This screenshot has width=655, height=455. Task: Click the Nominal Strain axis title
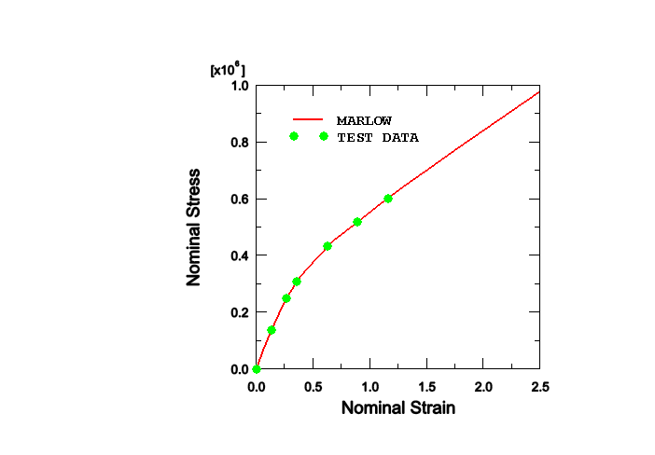397,408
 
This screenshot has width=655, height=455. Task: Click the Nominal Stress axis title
195,227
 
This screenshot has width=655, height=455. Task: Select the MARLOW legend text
364,120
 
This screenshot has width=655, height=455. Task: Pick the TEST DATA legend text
377,137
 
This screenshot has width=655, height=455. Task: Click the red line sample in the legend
307,120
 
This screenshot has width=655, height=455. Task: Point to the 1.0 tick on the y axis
240,86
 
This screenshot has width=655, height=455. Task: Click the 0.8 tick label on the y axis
240,143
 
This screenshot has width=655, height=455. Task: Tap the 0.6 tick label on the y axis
240,199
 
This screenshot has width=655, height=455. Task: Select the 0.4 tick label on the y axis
240,255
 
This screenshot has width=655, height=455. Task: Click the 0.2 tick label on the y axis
240,312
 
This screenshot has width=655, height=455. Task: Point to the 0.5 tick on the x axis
314,386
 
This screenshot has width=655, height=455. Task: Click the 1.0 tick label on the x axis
370,386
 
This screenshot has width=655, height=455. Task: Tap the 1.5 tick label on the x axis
427,386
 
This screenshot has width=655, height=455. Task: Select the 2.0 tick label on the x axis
484,386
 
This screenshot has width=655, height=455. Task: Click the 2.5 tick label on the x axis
539,386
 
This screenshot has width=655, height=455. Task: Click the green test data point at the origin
257,369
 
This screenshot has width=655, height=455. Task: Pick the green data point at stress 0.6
388,199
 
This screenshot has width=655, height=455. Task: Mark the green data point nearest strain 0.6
327,246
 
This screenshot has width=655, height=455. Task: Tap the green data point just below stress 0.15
272,330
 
